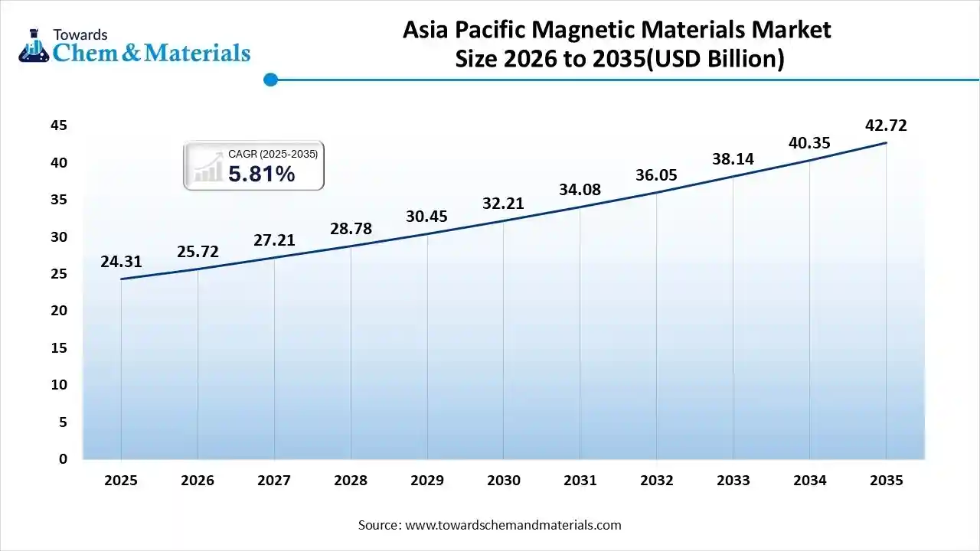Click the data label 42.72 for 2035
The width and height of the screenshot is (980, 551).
886,126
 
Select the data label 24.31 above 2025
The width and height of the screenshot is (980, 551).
121,262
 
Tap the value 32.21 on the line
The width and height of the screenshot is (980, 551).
503,204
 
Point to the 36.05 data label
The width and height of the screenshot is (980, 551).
656,174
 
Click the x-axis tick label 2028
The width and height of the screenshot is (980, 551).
351,481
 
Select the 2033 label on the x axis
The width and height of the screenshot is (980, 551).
733,481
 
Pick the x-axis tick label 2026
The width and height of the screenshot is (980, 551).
198,481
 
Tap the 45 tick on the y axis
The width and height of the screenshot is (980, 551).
59,126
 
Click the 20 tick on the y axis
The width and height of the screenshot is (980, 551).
59,311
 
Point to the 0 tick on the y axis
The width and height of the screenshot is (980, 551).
64,459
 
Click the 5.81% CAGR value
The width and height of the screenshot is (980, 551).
261,174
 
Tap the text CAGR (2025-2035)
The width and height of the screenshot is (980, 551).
273,154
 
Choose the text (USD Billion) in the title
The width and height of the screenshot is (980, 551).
716,59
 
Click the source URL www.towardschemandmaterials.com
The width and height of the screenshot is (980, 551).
512,525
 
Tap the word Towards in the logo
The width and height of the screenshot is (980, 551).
80,34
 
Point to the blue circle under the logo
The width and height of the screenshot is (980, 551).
270,79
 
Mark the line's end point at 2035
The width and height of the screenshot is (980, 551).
886,143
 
